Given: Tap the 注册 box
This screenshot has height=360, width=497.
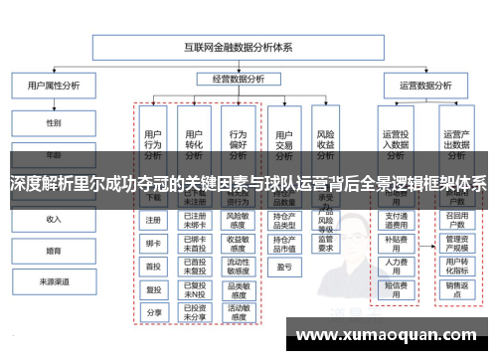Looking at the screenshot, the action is coord(153,220).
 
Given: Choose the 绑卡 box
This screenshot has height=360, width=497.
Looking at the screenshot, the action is coord(153,243).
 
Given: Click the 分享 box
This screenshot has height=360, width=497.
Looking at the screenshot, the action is coord(153,311).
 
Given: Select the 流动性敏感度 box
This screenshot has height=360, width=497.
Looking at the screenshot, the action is coord(238,266).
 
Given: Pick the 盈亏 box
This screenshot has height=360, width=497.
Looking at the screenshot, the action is coord(284,266).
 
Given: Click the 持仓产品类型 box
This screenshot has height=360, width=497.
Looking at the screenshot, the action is coord(284,220).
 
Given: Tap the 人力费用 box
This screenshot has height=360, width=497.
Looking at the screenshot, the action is coord(395,266).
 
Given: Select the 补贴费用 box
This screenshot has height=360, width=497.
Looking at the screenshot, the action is coord(395,242).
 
